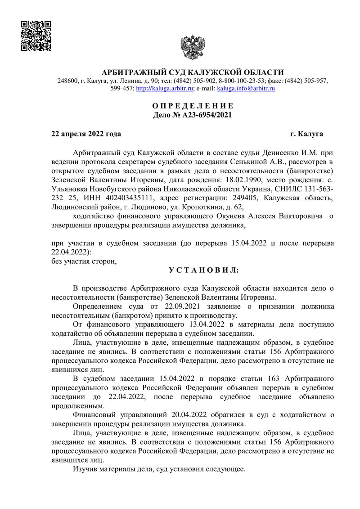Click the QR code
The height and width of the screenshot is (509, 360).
(x=36, y=36)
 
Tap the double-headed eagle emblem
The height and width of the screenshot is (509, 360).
(x=193, y=46)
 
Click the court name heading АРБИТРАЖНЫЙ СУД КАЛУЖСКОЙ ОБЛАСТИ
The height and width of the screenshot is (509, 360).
(x=193, y=72)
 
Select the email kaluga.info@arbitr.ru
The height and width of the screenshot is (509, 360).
(x=246, y=89)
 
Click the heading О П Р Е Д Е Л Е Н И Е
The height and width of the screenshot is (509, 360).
(x=193, y=106)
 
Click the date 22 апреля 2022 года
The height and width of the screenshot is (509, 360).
(x=86, y=134)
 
